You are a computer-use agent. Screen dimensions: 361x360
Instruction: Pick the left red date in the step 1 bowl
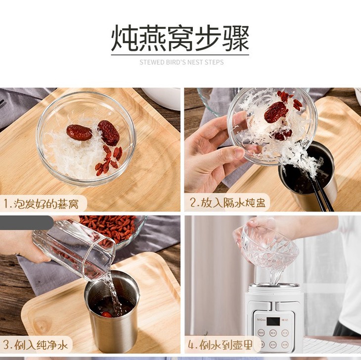[x=80, y=133]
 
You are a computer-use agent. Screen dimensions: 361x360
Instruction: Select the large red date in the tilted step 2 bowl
[x=276, y=112]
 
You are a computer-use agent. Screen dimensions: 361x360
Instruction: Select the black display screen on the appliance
[x=273, y=321]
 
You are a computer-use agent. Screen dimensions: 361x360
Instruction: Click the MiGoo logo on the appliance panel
[x=261, y=320]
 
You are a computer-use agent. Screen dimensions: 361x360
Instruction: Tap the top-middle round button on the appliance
[x=273, y=333]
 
